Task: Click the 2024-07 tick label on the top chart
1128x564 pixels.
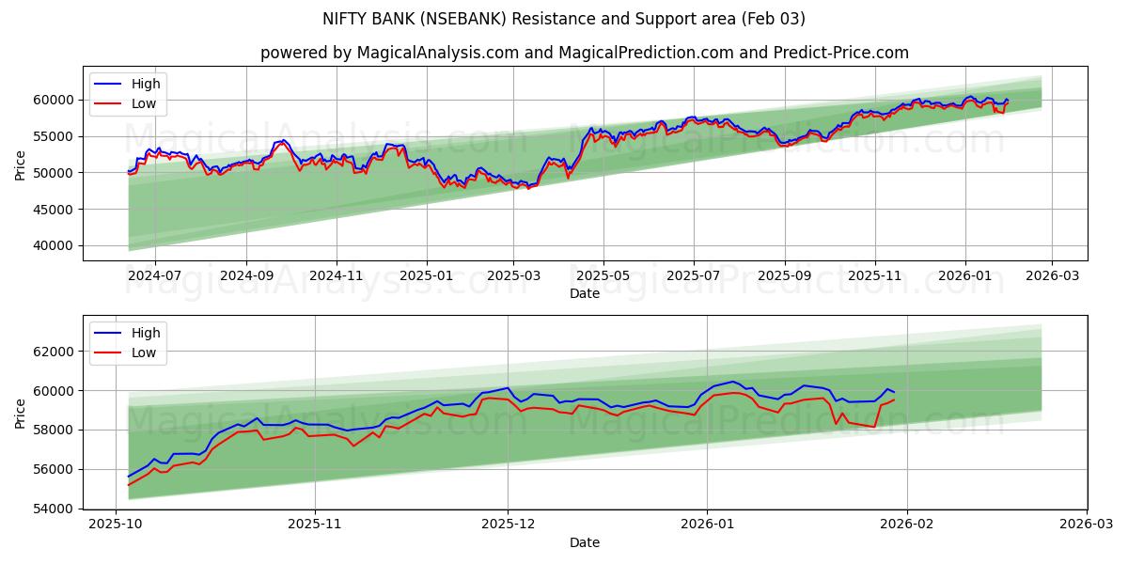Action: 154,275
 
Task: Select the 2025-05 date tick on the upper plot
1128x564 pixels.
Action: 603,275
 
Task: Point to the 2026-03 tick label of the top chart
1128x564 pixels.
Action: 1051,275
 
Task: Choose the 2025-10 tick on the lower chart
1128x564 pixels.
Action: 115,525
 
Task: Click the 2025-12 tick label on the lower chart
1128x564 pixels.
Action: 508,525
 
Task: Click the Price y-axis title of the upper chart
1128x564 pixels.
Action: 21,165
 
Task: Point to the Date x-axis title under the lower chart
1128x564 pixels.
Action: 585,542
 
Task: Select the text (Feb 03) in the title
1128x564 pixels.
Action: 775,19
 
